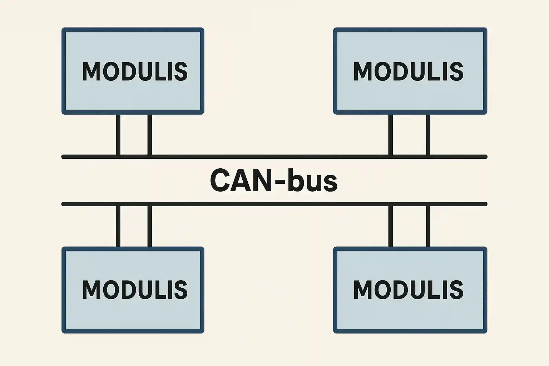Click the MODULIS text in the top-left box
click(135, 71)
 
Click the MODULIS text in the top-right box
click(408, 71)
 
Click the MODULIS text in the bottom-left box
click(135, 290)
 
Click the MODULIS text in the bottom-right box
click(408, 290)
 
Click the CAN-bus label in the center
click(273, 180)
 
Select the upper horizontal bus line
click(274, 157)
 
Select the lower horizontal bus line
click(274, 204)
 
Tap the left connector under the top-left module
click(118, 135)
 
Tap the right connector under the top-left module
click(149, 135)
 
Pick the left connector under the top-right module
click(390, 135)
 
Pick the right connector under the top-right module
click(428, 135)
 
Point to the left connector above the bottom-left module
click(118, 226)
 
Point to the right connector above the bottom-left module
click(149, 226)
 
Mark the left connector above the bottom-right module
click(390, 226)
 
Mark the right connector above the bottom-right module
click(428, 226)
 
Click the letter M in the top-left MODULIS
click(90, 71)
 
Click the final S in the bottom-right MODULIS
click(456, 290)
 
